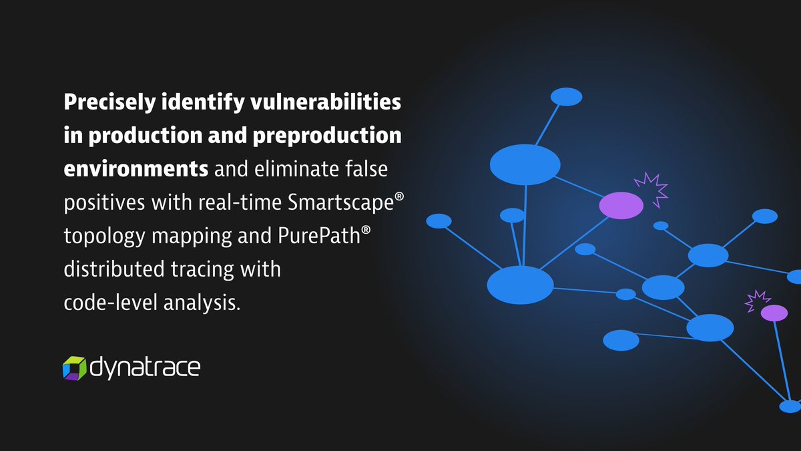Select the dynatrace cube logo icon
74,367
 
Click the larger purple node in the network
621,205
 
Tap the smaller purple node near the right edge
774,312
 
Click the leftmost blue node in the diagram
439,221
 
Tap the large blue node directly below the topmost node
525,164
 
